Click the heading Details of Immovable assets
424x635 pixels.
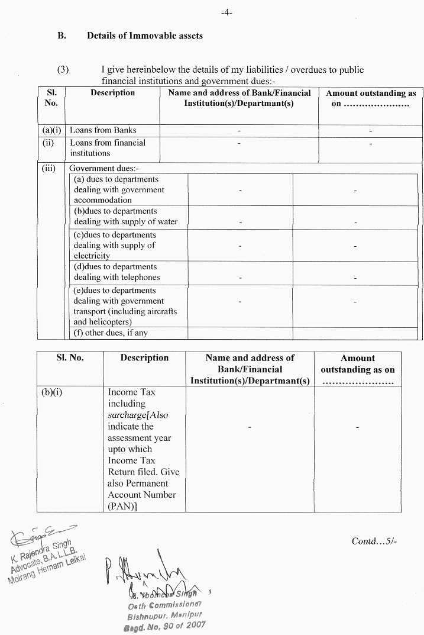(x=144, y=36)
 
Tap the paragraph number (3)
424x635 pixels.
(x=63, y=70)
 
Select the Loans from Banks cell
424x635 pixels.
(x=103, y=130)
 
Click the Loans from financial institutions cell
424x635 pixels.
(x=107, y=147)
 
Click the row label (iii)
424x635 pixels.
(x=48, y=168)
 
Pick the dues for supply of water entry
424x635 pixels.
(x=125, y=217)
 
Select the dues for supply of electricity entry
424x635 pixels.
(x=115, y=245)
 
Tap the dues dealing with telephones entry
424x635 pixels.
(x=116, y=272)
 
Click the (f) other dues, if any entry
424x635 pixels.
(x=110, y=333)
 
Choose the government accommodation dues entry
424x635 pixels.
(x=119, y=189)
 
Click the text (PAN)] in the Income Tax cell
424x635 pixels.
(x=122, y=506)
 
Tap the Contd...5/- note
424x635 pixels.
(x=374, y=541)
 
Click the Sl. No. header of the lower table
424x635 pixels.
(x=70, y=357)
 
